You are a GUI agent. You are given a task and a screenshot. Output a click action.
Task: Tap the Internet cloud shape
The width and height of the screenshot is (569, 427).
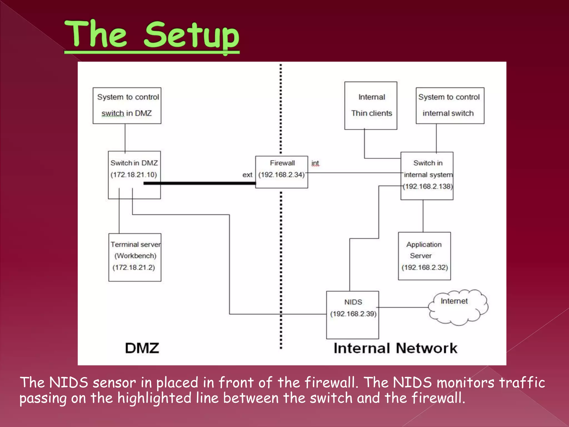click(458, 307)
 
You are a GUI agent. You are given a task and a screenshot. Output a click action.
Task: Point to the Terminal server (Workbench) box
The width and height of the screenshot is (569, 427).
click(135, 257)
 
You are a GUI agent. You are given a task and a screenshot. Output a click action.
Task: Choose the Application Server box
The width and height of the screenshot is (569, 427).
click(424, 256)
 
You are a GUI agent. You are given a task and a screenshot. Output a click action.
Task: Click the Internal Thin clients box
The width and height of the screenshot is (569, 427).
click(371, 105)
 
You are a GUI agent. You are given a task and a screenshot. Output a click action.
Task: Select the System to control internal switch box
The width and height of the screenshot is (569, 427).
click(450, 105)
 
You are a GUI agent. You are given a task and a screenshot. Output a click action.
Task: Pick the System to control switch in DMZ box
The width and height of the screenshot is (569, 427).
click(127, 105)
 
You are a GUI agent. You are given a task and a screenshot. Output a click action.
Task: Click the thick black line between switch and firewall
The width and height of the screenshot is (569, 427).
click(199, 183)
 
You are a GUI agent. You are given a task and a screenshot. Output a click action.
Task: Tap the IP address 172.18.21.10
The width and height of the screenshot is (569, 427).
click(134, 175)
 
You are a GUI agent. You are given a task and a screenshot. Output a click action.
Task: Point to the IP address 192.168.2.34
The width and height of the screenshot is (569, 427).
click(281, 175)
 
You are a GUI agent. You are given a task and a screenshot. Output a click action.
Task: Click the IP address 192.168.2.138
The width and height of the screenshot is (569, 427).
click(428, 187)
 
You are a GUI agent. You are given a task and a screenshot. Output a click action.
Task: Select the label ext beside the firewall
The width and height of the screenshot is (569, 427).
click(247, 175)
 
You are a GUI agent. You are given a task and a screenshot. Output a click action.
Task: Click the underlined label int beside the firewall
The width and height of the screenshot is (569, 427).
click(315, 163)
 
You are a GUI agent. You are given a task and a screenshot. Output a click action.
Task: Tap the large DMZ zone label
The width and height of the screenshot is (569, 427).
click(142, 348)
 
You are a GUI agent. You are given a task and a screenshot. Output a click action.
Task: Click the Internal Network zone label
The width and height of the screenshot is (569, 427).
click(395, 348)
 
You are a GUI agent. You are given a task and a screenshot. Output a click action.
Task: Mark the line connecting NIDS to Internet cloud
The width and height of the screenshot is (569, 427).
click(403, 307)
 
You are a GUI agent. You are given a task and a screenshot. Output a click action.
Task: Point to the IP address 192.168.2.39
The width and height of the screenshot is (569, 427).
click(353, 314)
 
